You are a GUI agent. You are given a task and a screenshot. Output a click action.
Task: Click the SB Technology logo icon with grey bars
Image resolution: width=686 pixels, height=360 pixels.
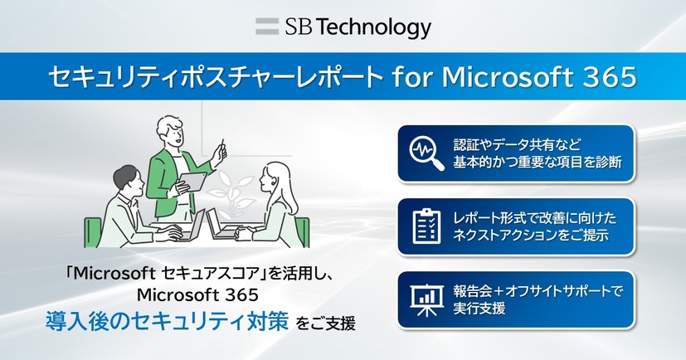click(267, 26)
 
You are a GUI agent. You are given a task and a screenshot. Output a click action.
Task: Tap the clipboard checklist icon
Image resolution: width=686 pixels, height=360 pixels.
click(427, 225)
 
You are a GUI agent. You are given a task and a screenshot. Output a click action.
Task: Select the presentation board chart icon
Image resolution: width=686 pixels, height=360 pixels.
click(427, 298)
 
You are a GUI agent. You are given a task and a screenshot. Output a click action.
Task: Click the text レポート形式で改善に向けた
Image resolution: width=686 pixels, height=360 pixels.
click(535, 216)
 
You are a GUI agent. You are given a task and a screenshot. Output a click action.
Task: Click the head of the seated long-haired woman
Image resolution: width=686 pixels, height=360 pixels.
click(275, 178)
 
